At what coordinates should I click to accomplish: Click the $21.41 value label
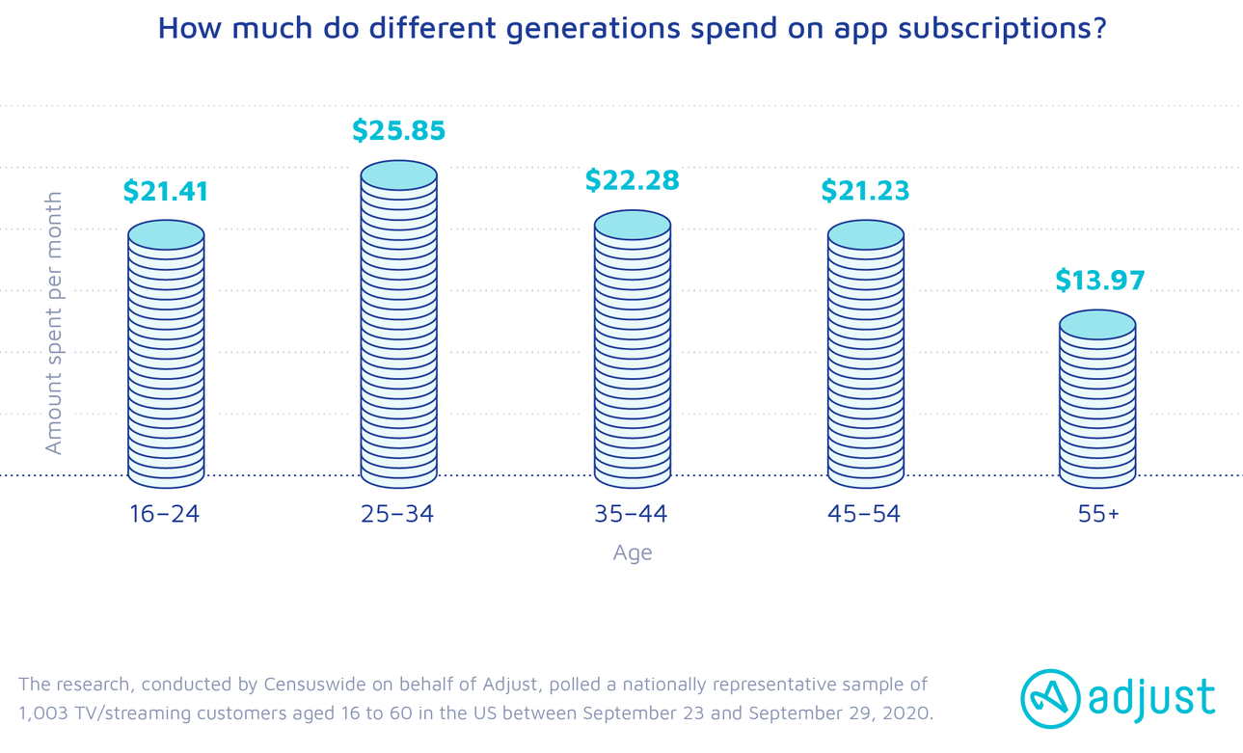166,192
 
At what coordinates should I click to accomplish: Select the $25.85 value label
398,130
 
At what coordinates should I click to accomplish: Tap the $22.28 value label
632,180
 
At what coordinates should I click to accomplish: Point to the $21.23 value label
865,191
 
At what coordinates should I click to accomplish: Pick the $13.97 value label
1099,281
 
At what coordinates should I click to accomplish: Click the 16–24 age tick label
165,514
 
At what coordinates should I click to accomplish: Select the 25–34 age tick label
398,514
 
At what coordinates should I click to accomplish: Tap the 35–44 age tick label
632,514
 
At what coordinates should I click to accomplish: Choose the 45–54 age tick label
864,514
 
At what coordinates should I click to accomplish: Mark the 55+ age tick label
1098,514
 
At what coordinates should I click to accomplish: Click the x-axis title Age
633,553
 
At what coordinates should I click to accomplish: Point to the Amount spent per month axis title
54,323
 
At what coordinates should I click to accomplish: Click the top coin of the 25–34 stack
398,175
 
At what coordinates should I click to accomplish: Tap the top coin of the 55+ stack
1097,325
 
